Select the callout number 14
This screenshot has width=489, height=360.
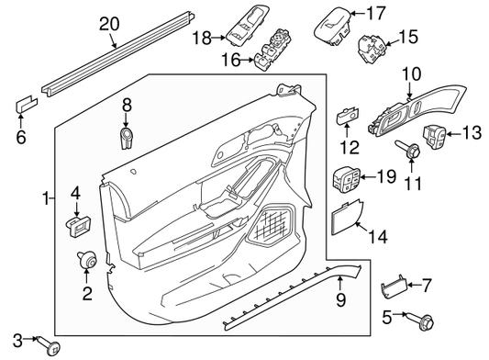point(377,236)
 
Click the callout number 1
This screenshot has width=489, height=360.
point(46,197)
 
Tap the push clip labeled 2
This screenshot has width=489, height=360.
point(88,262)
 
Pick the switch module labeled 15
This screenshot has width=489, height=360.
point(372,47)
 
